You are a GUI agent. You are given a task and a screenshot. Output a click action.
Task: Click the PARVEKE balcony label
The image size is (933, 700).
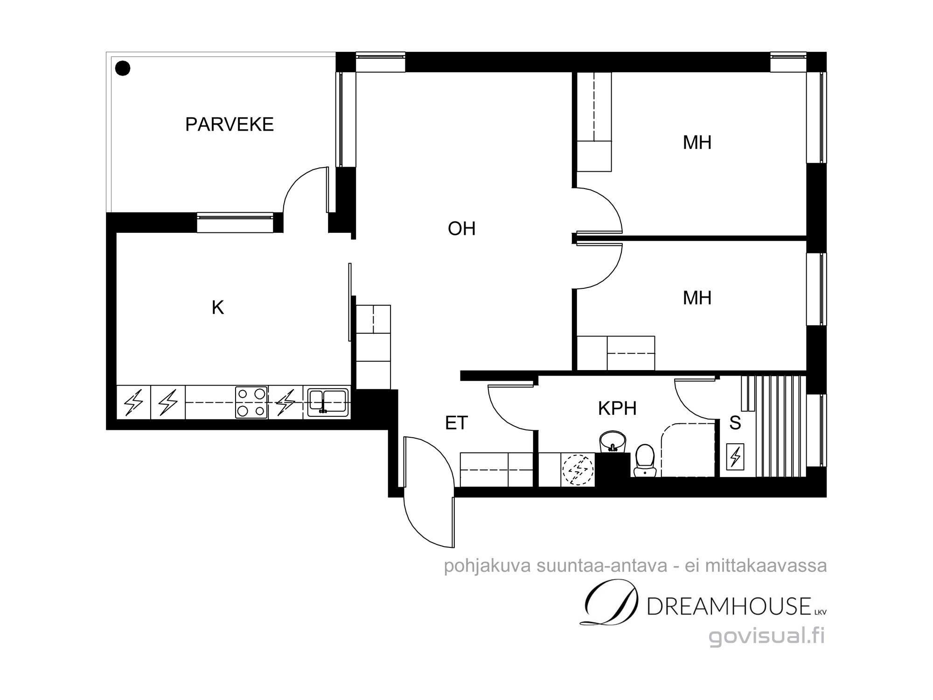(229, 125)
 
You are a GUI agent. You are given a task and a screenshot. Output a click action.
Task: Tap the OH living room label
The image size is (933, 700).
(461, 229)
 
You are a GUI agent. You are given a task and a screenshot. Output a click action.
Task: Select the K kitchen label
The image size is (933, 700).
(218, 308)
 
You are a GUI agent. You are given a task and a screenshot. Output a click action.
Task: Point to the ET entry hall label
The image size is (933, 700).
(456, 423)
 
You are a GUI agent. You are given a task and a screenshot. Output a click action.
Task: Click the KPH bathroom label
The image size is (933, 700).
(617, 408)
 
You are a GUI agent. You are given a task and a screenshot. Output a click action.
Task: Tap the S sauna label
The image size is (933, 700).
(735, 423)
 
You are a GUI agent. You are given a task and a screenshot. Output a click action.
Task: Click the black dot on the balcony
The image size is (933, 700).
(123, 69)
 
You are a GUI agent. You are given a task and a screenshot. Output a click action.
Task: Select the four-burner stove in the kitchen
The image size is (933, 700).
(251, 402)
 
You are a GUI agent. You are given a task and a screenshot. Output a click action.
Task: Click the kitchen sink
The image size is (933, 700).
(327, 402)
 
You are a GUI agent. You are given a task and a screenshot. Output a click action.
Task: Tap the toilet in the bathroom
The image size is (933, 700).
(645, 461)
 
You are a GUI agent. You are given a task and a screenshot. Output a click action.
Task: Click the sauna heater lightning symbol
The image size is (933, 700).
(735, 455)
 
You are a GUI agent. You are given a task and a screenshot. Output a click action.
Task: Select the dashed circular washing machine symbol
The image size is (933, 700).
(578, 470)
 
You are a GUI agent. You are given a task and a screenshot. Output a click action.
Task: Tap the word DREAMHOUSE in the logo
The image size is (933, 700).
(729, 607)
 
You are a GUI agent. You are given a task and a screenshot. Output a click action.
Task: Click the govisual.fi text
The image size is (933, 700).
(767, 636)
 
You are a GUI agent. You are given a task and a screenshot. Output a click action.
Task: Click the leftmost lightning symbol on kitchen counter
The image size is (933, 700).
(133, 402)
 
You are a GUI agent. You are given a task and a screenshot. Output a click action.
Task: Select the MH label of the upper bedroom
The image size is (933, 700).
(697, 142)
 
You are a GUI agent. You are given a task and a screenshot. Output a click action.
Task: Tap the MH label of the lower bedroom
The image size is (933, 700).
(697, 298)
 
